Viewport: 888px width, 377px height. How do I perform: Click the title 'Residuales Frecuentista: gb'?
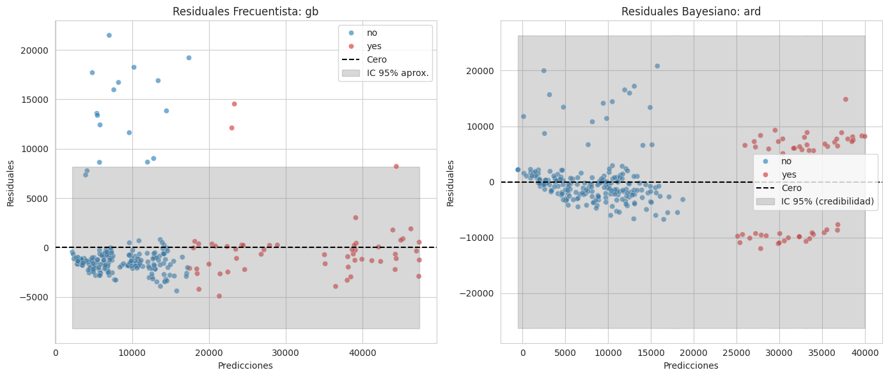pyautogui.click(x=245, y=12)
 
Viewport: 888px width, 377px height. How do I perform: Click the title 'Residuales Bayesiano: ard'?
pyautogui.click(x=691, y=12)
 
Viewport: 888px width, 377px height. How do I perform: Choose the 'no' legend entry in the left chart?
pyautogui.click(x=371, y=33)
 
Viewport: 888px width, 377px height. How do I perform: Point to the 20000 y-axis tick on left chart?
pyautogui.click(x=39, y=50)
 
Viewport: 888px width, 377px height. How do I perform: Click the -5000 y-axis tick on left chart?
pyautogui.click(x=38, y=297)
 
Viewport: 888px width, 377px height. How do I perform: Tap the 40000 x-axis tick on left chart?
pyautogui.click(x=362, y=353)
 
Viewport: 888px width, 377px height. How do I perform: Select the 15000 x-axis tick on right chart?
pyautogui.click(x=651, y=353)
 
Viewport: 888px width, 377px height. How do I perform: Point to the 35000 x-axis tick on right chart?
pyautogui.click(x=822, y=353)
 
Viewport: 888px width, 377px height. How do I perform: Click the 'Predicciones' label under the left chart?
pyautogui.click(x=245, y=365)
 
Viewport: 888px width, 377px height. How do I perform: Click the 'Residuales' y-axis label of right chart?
pyautogui.click(x=450, y=183)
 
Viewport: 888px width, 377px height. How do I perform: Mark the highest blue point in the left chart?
pyautogui.click(x=109, y=35)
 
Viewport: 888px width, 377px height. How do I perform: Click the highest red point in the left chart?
pyautogui.click(x=234, y=104)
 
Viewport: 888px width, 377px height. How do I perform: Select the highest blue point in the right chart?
pyautogui.click(x=657, y=66)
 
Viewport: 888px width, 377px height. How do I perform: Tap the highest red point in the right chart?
pyautogui.click(x=845, y=99)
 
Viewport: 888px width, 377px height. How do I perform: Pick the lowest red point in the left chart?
pyautogui.click(x=219, y=296)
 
